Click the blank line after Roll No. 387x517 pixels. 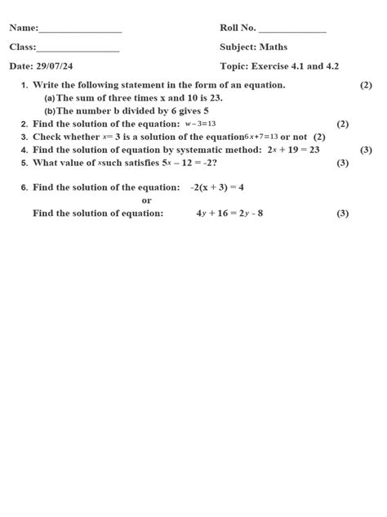(291, 30)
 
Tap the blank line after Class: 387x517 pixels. (78, 49)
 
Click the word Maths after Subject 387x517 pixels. (274, 47)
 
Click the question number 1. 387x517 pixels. (24, 85)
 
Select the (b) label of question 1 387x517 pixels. (50, 110)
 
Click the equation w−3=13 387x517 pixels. (200, 124)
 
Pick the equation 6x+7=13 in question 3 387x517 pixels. (260, 137)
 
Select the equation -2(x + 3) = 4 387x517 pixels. (216, 187)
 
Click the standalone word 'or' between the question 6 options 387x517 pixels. (146, 200)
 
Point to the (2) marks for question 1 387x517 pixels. (366, 85)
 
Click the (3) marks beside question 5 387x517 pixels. (343, 163)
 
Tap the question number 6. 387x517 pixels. (24, 188)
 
